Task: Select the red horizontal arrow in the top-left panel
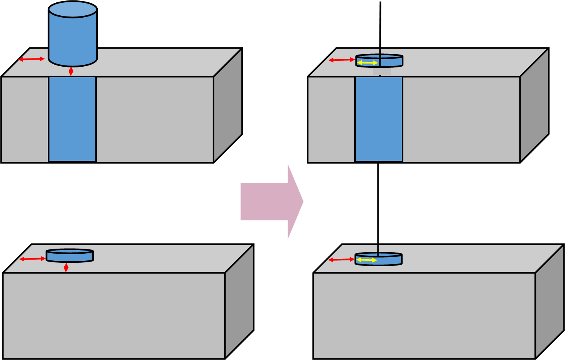point(31,59)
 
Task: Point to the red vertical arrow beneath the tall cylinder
point(71,71)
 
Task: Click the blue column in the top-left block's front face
point(73,119)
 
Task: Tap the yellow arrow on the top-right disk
point(368,63)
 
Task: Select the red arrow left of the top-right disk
point(341,60)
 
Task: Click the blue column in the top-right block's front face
point(379,119)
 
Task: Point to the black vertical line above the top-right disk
point(380,51)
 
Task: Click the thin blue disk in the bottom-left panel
point(70,256)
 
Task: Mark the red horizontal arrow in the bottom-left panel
point(33,259)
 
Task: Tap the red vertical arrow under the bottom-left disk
point(66,267)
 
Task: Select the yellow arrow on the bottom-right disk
point(366,260)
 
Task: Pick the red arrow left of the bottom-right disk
point(341,260)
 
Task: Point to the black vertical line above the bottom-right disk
point(378,249)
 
